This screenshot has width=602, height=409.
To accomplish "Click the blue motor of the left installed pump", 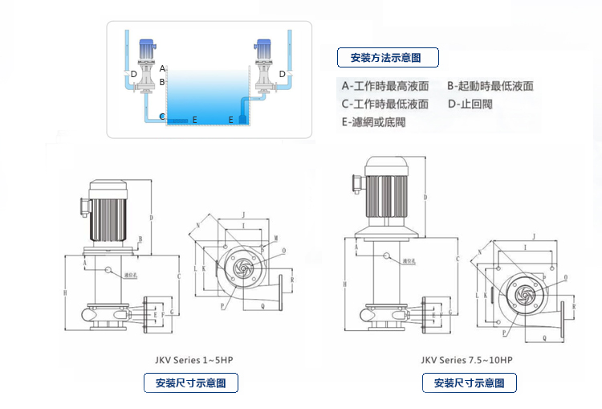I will click(x=148, y=47).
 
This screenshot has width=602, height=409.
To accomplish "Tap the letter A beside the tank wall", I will click(x=162, y=69).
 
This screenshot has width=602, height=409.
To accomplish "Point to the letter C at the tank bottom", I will click(x=162, y=117).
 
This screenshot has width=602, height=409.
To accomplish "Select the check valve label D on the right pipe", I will click(x=282, y=74).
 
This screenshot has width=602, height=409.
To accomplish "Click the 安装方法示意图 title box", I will click(x=389, y=58).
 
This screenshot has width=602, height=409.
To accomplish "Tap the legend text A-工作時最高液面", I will click(x=385, y=86).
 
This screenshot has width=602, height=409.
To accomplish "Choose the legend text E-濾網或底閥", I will click(x=374, y=122).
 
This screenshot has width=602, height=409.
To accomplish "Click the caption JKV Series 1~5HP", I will click(x=190, y=360).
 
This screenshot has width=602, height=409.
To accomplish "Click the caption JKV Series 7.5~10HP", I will click(x=467, y=361).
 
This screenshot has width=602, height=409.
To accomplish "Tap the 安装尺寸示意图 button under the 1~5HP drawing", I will click(x=191, y=383).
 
